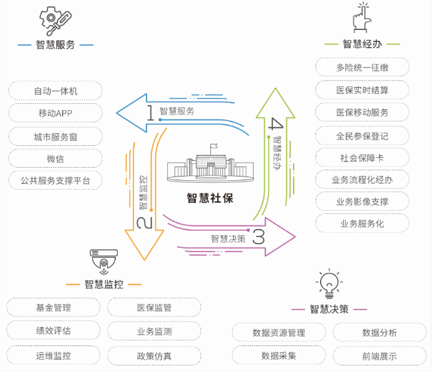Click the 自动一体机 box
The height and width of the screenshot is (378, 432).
point(56,91)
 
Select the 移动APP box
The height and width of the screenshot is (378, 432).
point(56,113)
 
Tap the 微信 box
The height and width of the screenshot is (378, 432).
point(56,158)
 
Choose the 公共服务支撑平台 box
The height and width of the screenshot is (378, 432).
point(56,181)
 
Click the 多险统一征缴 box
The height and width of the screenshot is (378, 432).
point(362,68)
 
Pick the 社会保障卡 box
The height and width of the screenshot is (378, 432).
point(362,158)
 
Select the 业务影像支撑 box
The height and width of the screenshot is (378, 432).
point(362,202)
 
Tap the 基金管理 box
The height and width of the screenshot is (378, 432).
point(54,308)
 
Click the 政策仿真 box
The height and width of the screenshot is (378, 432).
point(154,356)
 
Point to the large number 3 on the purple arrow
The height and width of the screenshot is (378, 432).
point(259,237)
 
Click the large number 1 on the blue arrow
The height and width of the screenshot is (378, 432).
point(150,112)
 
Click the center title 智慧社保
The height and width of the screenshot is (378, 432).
point(210,198)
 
